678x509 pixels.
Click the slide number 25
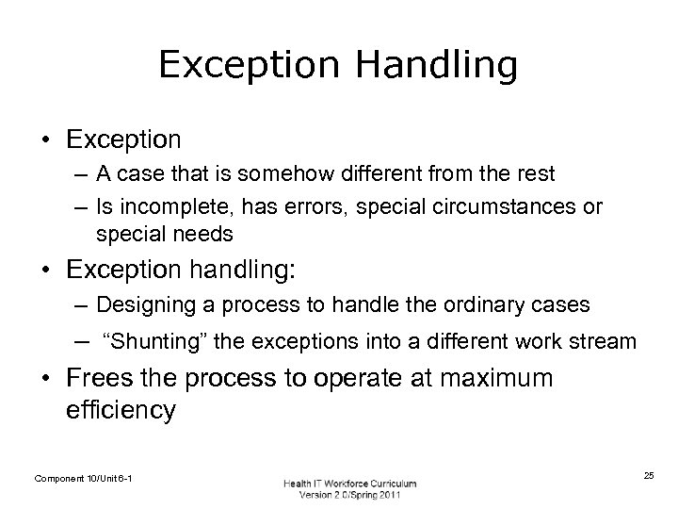(x=649, y=477)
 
